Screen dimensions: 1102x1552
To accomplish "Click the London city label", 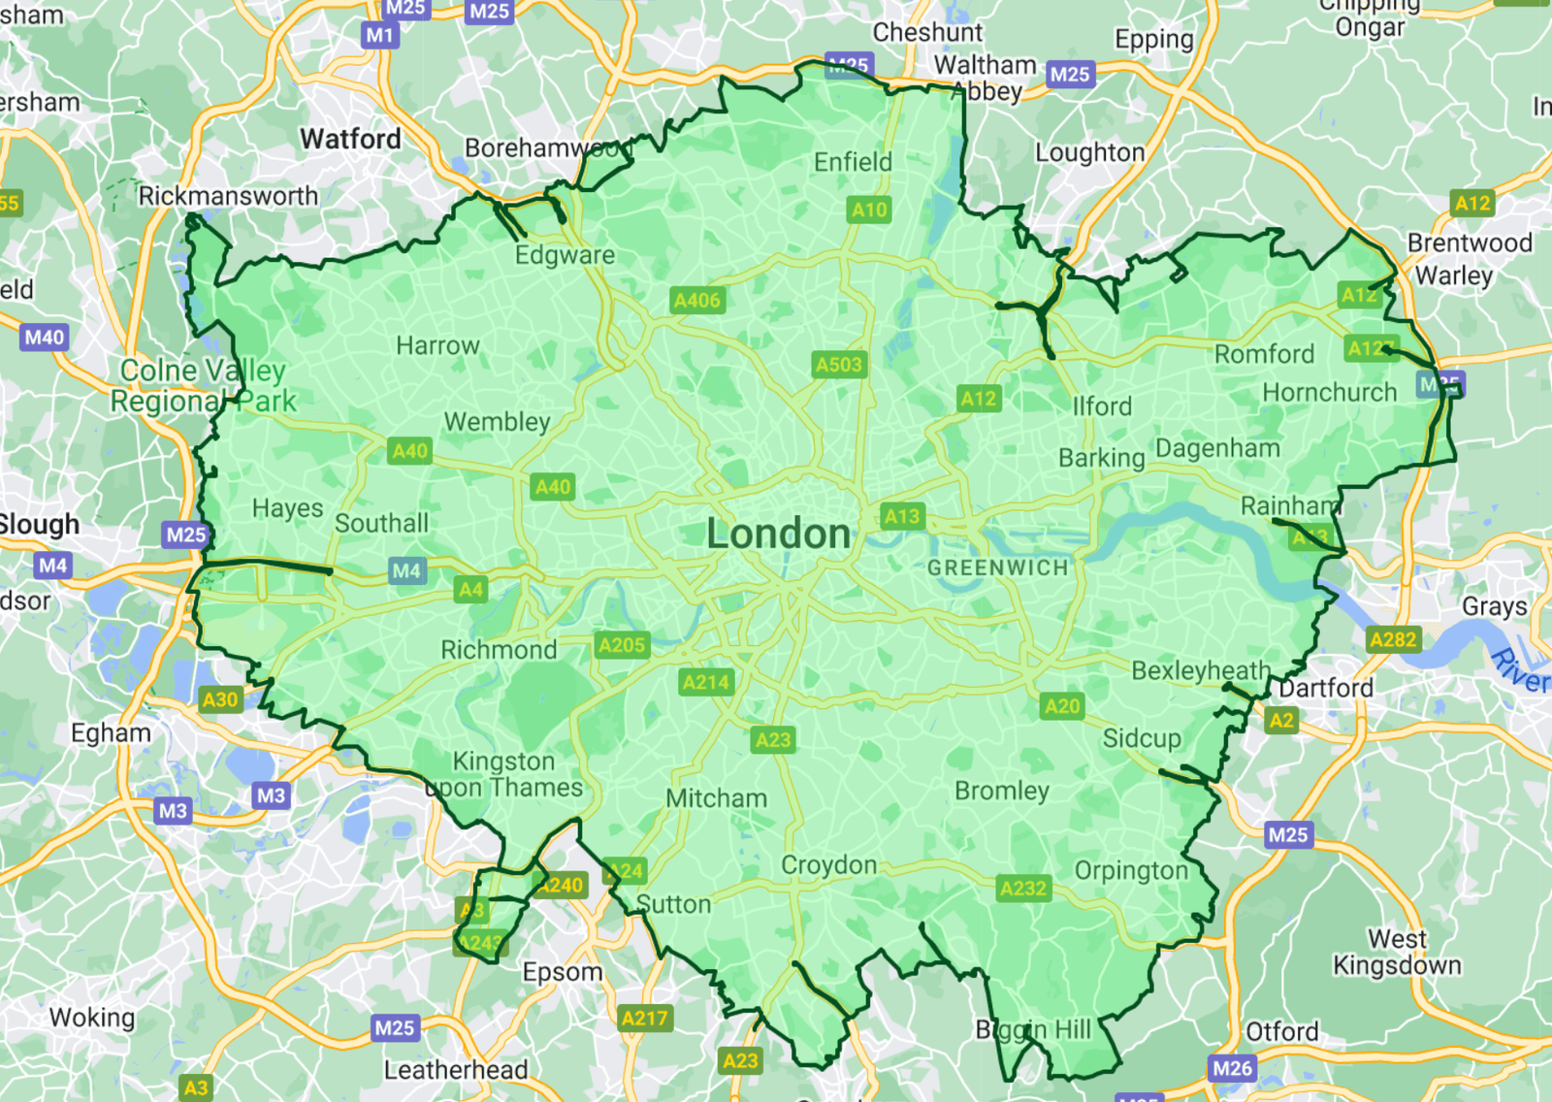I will [778, 535].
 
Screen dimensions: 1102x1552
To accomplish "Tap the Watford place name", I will [350, 140].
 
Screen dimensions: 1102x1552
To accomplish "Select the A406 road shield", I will [697, 300].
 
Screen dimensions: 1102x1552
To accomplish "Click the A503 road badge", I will [838, 365].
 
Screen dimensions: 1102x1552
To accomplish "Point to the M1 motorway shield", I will [379, 36].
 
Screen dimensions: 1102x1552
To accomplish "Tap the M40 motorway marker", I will [44, 338].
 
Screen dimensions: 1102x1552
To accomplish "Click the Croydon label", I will [828, 864].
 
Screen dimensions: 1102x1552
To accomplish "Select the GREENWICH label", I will [997, 567].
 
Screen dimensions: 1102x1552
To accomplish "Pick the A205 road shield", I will [622, 645].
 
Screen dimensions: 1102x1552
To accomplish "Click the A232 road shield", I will [1023, 888].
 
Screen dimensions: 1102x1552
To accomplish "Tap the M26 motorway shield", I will [1232, 1068].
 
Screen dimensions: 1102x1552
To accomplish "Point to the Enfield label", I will [853, 162].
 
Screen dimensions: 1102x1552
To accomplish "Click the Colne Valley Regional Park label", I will [203, 386].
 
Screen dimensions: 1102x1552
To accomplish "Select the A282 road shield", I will [1393, 639].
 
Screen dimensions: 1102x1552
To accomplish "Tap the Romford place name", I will [1264, 354].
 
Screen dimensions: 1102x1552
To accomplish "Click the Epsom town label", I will [563, 972].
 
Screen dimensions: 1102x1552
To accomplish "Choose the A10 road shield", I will [869, 210].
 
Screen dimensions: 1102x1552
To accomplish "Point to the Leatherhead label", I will [456, 1070].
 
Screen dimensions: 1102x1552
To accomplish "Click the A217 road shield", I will [644, 1018].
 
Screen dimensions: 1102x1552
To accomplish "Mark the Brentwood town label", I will [1470, 243].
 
